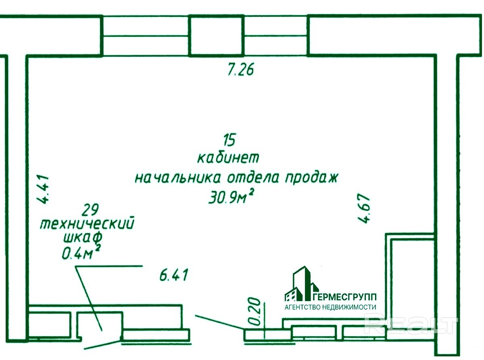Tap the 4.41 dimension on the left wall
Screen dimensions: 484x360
coord(42,189)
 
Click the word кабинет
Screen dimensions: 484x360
coord(228,157)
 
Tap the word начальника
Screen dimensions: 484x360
coord(177,178)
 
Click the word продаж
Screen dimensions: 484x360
coord(311,178)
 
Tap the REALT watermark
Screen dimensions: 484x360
coord(411,325)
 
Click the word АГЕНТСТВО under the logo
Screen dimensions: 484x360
coord(302,307)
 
